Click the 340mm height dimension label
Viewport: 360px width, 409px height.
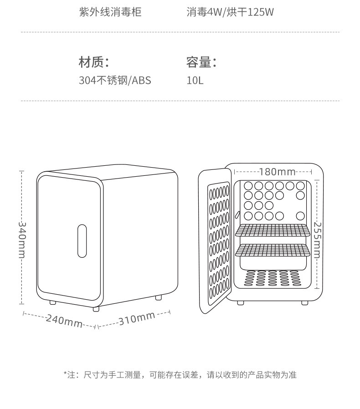click(22, 240)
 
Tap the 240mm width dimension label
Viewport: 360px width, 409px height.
click(64, 321)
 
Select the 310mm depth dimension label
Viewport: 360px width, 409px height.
click(137, 318)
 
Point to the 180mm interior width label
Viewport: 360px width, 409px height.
click(277, 172)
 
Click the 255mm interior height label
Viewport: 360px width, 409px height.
click(317, 240)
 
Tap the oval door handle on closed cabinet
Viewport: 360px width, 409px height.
click(82, 241)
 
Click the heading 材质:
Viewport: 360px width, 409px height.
click(93, 62)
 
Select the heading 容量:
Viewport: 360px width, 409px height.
click(201, 62)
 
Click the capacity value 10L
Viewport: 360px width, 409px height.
click(195, 80)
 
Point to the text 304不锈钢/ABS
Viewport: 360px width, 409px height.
click(115, 80)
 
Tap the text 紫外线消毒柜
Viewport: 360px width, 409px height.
click(110, 12)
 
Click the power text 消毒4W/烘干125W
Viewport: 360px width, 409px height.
click(230, 12)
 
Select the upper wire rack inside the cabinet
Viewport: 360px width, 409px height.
click(273, 230)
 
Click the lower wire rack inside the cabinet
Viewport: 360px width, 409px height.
click(273, 250)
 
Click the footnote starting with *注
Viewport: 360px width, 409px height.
click(180, 375)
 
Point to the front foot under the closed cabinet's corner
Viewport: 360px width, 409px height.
click(96, 309)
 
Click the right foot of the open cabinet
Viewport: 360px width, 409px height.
click(305, 303)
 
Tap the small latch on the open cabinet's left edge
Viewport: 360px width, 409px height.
click(237, 215)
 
